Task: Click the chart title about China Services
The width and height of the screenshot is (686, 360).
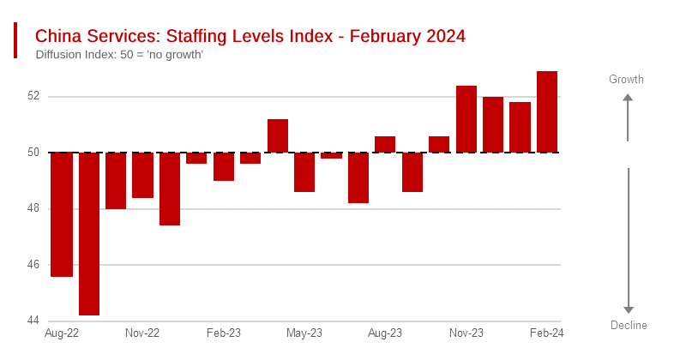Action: [250, 37]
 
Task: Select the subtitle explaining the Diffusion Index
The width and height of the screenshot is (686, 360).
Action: [119, 56]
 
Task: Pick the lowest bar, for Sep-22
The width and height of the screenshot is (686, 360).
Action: [89, 234]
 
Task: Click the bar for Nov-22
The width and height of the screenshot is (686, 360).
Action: [142, 175]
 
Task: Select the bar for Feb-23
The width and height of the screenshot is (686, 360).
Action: [224, 166]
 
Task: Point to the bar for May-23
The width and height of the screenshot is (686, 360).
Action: [304, 171]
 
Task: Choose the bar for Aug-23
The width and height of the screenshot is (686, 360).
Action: [385, 144]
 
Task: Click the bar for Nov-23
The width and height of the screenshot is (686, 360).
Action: [466, 119]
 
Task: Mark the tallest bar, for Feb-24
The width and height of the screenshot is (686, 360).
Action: [547, 111]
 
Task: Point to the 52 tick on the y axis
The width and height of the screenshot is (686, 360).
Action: [34, 96]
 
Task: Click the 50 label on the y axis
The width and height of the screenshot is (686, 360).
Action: [34, 153]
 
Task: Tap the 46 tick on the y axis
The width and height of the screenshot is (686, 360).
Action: [34, 265]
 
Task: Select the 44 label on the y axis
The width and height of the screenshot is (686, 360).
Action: [34, 321]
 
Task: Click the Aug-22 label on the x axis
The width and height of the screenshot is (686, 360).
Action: [62, 333]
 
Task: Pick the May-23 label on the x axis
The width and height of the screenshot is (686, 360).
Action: [304, 333]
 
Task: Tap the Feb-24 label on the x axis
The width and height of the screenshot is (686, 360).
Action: [545, 333]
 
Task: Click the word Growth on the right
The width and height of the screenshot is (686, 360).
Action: [626, 80]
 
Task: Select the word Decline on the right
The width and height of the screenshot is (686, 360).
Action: [629, 326]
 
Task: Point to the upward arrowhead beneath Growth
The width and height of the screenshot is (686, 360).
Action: [628, 98]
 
